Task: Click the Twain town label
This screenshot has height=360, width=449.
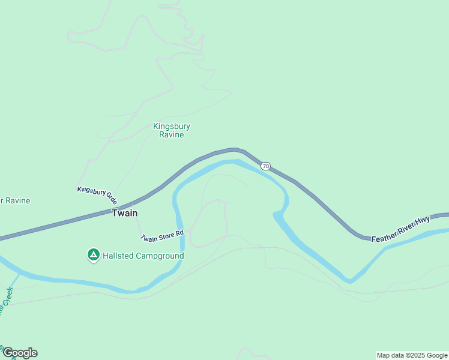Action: [125, 213]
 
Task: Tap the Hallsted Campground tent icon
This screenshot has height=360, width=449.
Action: [94, 256]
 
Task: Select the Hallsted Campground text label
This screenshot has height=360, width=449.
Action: [143, 256]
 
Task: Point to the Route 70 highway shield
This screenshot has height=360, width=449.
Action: [266, 166]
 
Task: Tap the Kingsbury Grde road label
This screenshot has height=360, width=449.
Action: [97, 195]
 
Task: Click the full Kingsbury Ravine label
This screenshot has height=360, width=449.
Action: [172, 130]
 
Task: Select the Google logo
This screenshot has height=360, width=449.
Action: [20, 353]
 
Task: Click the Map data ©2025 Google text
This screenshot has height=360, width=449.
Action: [412, 355]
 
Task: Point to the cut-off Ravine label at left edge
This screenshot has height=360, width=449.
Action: [16, 200]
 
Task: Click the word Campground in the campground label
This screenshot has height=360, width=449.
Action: [159, 256]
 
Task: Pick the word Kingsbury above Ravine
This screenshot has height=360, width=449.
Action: [172, 126]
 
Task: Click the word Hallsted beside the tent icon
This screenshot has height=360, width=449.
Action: [118, 256]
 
